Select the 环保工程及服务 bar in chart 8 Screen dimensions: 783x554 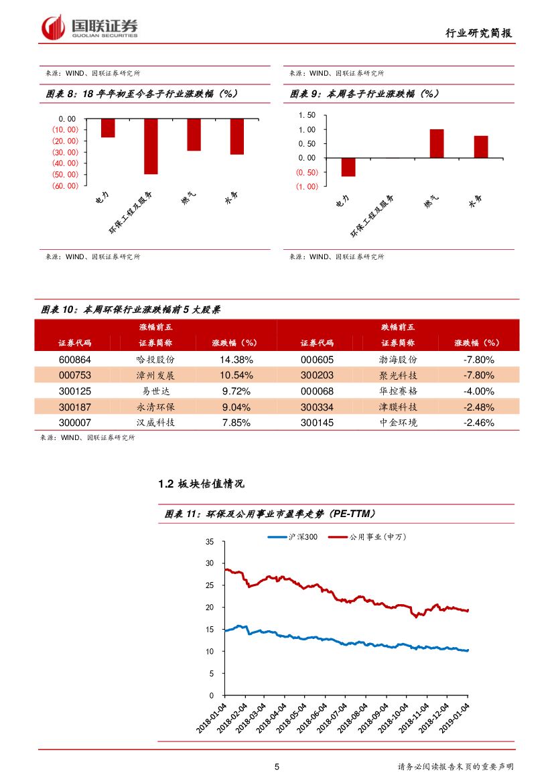click(151, 146)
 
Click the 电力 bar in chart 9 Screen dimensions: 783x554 click(348, 167)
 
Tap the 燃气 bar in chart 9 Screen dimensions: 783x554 click(437, 143)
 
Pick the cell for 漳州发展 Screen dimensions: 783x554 click(155, 375)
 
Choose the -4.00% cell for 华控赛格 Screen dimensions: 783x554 click(478, 391)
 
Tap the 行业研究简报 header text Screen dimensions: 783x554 click(482, 33)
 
